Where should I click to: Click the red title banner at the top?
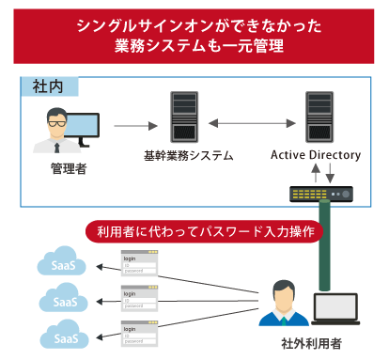[x=194, y=32]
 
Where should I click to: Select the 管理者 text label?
[x=67, y=169]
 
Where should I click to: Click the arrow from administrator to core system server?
[x=135, y=123]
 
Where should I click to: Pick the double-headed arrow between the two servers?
[x=245, y=123]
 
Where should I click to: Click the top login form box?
[x=140, y=262]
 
